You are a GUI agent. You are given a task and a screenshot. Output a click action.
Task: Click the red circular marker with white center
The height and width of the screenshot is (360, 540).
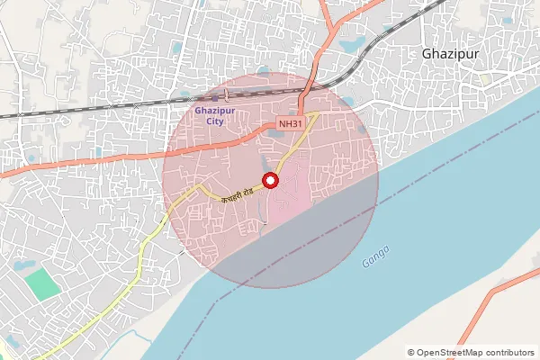pyautogui.click(x=270, y=181)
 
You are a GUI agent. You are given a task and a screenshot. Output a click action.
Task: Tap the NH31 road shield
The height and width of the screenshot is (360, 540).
pyautogui.click(x=291, y=123)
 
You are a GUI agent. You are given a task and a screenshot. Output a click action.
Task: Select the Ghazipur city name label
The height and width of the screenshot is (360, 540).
pyautogui.click(x=450, y=54)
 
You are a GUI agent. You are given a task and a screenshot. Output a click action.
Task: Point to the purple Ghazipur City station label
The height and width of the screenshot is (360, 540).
pyautogui.click(x=214, y=114)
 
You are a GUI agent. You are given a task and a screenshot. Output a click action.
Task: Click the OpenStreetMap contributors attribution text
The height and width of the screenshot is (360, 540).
pyautogui.click(x=471, y=352)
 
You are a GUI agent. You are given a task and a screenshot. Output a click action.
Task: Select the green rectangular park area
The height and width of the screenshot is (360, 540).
pyautogui.click(x=41, y=285)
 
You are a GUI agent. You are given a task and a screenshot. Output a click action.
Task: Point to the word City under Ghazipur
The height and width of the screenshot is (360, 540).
pyautogui.click(x=214, y=120)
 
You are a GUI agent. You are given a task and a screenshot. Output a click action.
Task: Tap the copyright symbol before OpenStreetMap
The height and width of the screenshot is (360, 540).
pyautogui.click(x=411, y=352)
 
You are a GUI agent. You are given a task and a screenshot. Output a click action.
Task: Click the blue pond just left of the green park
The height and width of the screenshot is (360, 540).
pyautogui.click(x=23, y=265)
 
